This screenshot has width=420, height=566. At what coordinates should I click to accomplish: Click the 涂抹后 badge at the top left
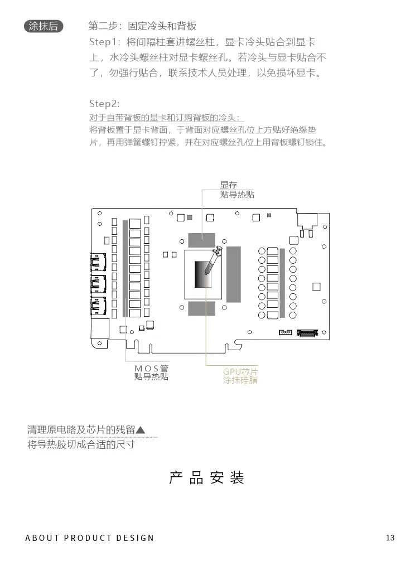click(44, 26)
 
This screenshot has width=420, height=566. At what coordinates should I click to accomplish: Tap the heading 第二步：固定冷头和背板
click(143, 26)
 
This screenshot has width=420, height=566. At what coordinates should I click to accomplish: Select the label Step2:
click(104, 104)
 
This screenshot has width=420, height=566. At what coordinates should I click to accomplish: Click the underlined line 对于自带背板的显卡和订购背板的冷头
click(166, 118)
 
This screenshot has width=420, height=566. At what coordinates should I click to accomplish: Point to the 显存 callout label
click(229, 185)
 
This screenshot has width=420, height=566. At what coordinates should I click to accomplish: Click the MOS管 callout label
click(151, 369)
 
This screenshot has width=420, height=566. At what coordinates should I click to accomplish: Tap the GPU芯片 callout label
click(240, 371)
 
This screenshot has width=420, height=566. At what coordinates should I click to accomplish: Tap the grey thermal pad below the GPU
click(201, 308)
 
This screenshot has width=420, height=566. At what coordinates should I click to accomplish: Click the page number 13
click(390, 538)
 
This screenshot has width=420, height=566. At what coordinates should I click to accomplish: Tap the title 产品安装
click(207, 478)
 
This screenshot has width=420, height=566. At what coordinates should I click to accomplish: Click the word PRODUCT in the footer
click(87, 538)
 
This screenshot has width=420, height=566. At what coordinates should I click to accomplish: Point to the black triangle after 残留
click(141, 430)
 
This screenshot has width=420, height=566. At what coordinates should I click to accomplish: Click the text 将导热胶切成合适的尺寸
click(81, 445)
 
